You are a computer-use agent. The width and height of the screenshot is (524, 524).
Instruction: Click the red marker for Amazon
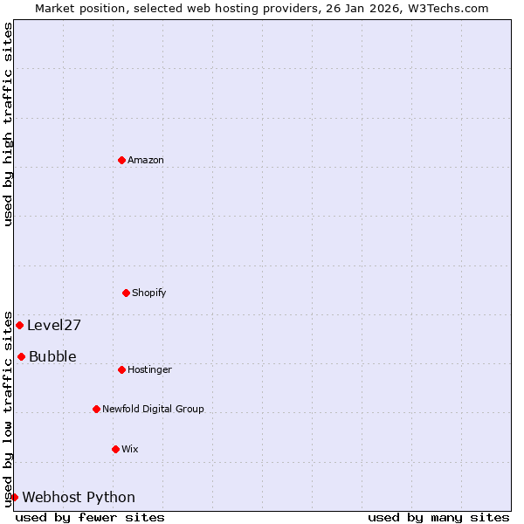point(121,160)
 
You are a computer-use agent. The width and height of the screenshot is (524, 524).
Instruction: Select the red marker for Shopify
point(126,293)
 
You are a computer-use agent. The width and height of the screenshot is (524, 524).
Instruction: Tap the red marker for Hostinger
point(121,369)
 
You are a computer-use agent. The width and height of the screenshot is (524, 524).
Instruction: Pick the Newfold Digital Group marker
point(96,409)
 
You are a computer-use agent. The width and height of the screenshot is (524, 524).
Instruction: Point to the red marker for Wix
point(115,449)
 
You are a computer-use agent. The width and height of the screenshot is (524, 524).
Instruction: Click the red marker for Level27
point(19,325)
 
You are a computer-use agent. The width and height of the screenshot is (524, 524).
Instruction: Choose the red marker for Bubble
point(21,356)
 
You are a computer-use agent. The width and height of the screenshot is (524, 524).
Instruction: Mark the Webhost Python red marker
point(14,497)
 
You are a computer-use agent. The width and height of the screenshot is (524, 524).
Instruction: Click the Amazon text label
point(146,160)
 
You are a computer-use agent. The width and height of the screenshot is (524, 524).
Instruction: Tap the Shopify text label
point(149,293)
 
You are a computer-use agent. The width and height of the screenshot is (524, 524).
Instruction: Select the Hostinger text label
point(149,369)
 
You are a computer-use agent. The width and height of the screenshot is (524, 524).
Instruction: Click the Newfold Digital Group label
point(153,409)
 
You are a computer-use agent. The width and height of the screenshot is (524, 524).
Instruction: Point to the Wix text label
point(129,449)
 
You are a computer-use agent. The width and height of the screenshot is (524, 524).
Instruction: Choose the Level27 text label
point(54,325)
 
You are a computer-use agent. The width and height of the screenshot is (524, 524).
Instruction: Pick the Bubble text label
point(52,356)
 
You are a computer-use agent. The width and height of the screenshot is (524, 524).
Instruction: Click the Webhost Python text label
point(79,497)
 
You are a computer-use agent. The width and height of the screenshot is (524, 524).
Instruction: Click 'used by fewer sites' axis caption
point(90,517)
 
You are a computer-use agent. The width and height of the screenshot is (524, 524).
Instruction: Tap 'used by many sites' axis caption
point(438,517)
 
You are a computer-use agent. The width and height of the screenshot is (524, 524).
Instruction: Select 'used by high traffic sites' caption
point(8,124)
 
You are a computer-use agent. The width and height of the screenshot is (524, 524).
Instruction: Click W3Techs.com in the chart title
point(447,8)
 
